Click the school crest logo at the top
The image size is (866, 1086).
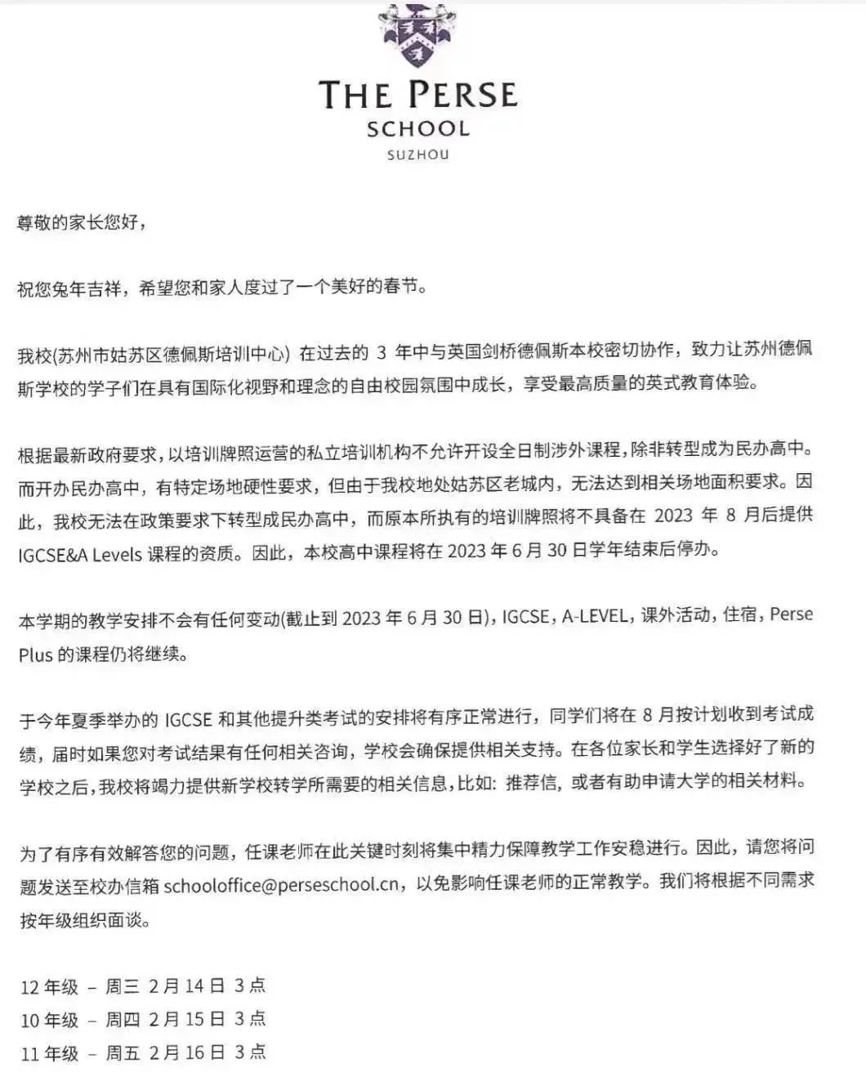tap(417, 34)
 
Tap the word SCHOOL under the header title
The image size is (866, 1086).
tap(418, 129)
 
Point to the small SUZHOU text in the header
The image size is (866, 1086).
tap(418, 154)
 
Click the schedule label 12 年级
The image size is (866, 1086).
tap(50, 987)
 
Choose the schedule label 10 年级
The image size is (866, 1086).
tap(50, 1020)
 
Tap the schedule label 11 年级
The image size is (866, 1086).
tap(50, 1053)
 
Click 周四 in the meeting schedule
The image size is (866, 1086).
tap(123, 1020)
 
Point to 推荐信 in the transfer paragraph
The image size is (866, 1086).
tap(533, 782)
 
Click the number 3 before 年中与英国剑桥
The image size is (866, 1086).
tap(382, 354)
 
